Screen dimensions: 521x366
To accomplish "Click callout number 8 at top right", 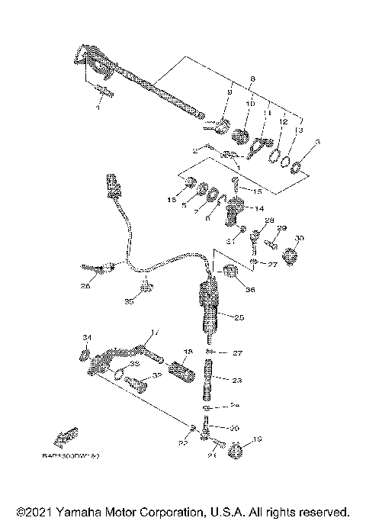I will pyautogui.click(x=253, y=79).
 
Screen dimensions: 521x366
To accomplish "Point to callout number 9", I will pyautogui.click(x=228, y=93).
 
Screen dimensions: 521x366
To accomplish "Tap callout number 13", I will pyautogui.click(x=298, y=130).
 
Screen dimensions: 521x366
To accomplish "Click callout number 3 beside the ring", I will pyautogui.click(x=318, y=142).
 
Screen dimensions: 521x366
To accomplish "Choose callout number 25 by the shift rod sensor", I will pyautogui.click(x=239, y=317).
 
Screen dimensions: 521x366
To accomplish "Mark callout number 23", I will pyautogui.click(x=237, y=379).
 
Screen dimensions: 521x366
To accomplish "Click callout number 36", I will pyautogui.click(x=252, y=289).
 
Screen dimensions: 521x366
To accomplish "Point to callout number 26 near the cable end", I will pyautogui.click(x=85, y=286).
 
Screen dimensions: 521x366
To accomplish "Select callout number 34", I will pyautogui.click(x=86, y=337).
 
